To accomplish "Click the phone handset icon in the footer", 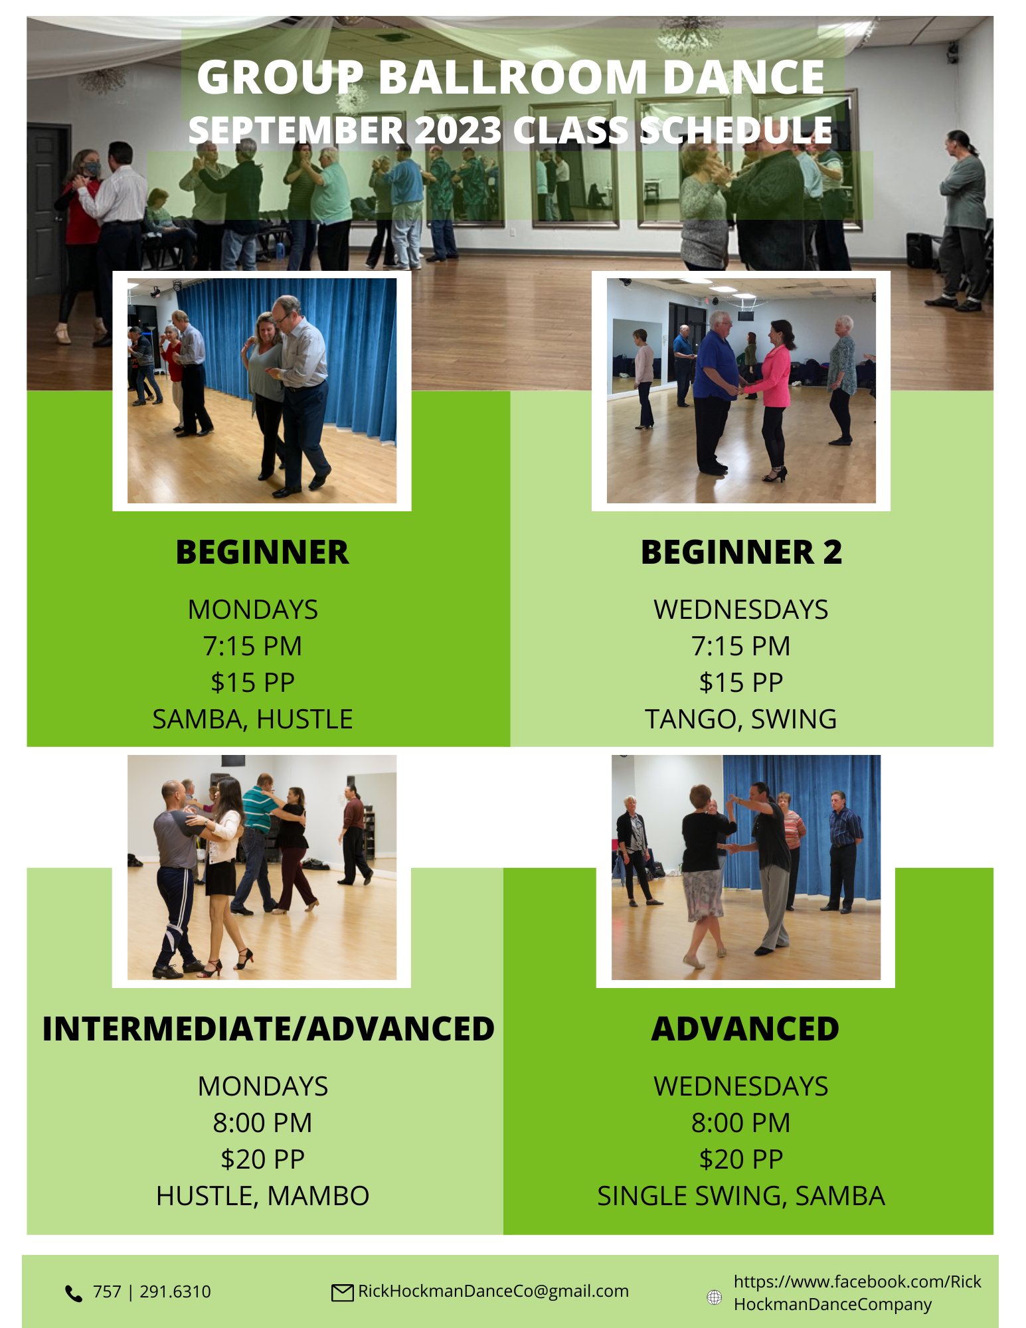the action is tap(73, 1293).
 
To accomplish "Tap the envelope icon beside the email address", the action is tap(342, 1292).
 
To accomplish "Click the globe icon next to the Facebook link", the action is tap(714, 1297).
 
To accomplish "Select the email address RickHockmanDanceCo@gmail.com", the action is tap(493, 1291).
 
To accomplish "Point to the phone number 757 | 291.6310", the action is tap(151, 1291).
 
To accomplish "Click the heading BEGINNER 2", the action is tap(741, 552).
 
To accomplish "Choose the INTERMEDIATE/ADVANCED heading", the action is tap(268, 1029).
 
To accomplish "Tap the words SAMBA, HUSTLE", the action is tap(252, 719).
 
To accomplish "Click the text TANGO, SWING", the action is tap(740, 719).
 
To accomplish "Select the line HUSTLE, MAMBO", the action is tap(262, 1196).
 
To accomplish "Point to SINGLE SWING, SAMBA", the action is tap(740, 1196).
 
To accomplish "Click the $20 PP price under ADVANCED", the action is tap(740, 1159).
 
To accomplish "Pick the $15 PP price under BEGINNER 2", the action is tap(740, 683).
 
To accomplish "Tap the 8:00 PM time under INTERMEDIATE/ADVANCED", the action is tap(262, 1123).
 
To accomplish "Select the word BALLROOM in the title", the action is tap(512, 77).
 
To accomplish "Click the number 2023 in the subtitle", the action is tap(458, 130).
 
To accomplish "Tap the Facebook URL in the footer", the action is tap(857, 1293).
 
